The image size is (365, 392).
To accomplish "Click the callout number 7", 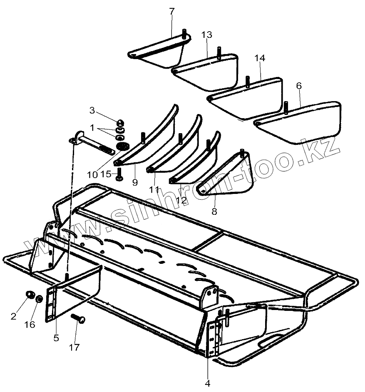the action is [x=172, y=12].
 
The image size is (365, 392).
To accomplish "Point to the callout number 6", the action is [x=299, y=86].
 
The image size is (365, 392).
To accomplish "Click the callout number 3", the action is [x=92, y=110].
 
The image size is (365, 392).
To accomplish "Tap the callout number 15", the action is [x=106, y=174].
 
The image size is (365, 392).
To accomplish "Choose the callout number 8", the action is [x=214, y=211].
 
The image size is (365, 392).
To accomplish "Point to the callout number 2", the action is [x=14, y=316].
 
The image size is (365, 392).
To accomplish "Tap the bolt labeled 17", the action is [x=79, y=319].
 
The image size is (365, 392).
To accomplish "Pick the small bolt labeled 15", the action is [x=119, y=174].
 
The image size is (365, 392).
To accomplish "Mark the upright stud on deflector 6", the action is [x=286, y=107].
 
